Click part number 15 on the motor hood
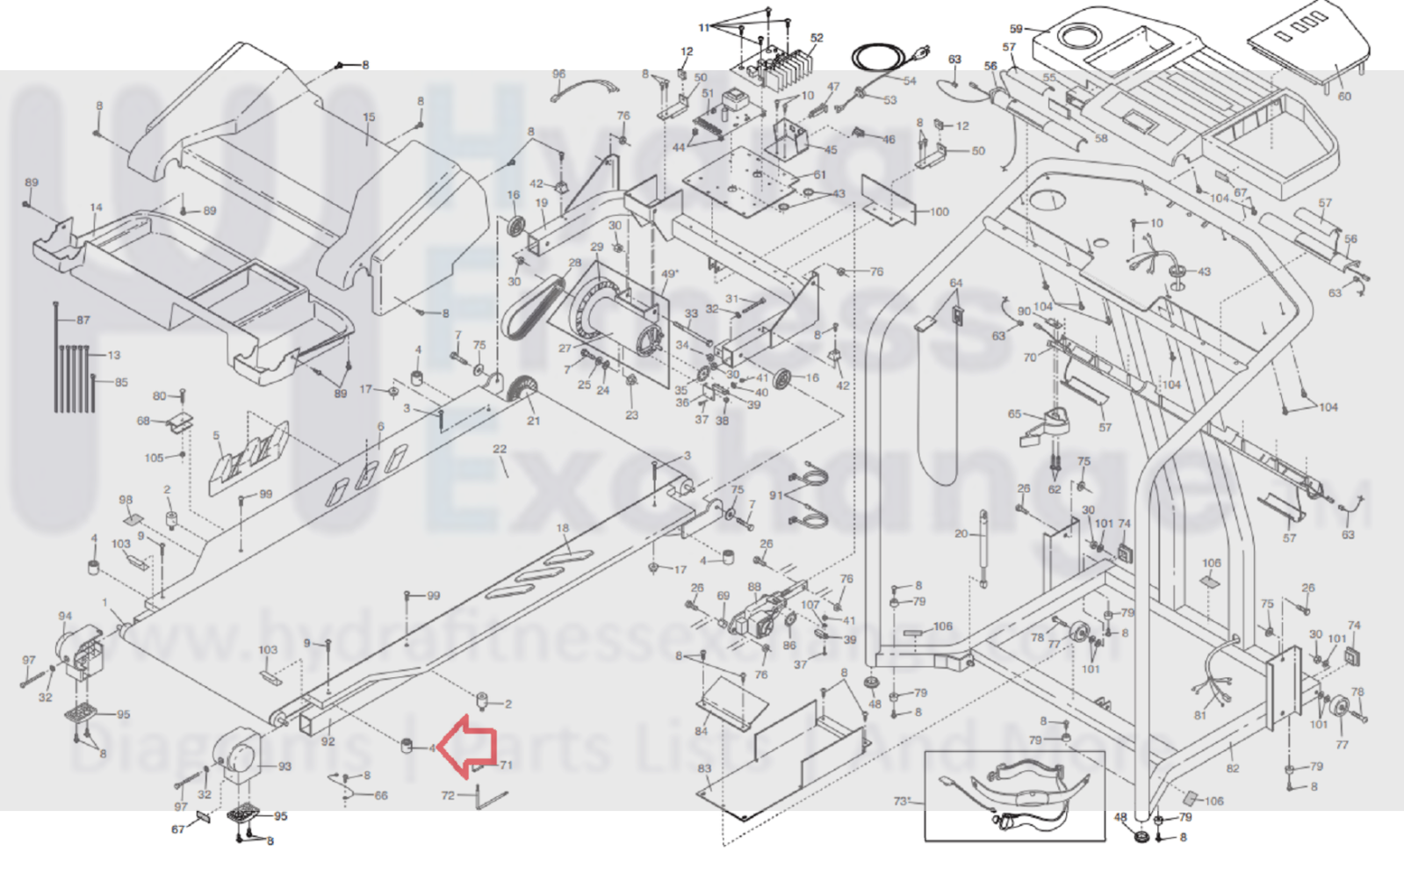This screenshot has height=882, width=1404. (x=369, y=118)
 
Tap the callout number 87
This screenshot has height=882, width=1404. (x=83, y=321)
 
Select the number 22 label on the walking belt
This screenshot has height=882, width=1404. (x=500, y=450)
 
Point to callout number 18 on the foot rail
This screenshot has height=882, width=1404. (x=562, y=529)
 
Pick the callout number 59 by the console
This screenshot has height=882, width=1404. (x=1016, y=30)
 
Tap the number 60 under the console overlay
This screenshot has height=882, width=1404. (x=1344, y=97)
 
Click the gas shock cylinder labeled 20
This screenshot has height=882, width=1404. (x=983, y=545)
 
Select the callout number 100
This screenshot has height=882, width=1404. (x=940, y=212)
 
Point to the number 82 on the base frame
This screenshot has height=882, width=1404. (x=1233, y=769)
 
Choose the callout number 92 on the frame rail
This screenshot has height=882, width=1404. (x=328, y=741)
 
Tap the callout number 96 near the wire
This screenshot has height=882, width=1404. (x=558, y=75)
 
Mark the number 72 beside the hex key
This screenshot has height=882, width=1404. (x=448, y=796)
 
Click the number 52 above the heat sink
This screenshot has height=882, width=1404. (x=817, y=39)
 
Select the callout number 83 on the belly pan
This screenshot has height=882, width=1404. (x=704, y=769)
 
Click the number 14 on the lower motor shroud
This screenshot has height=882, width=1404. (x=96, y=208)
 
